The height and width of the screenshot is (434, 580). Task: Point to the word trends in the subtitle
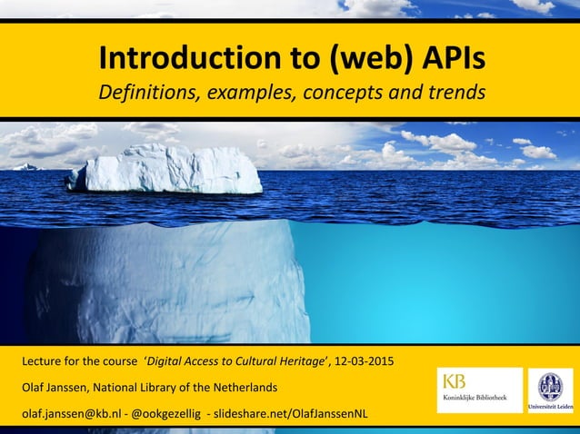click(x=454, y=94)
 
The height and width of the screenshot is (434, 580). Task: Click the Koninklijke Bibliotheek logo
click(x=479, y=390)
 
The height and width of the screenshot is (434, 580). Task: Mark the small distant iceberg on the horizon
click(x=27, y=166)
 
